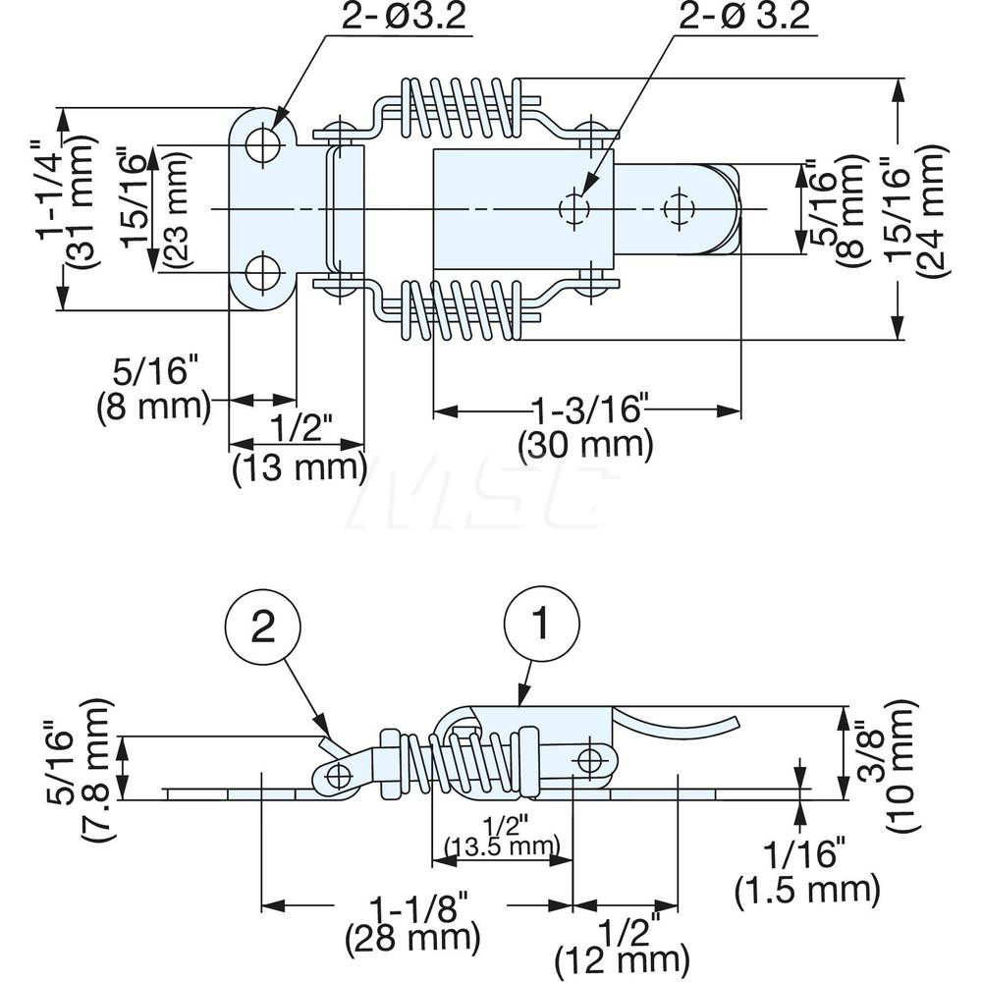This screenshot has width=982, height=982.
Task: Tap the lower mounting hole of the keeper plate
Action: click(x=262, y=273)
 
